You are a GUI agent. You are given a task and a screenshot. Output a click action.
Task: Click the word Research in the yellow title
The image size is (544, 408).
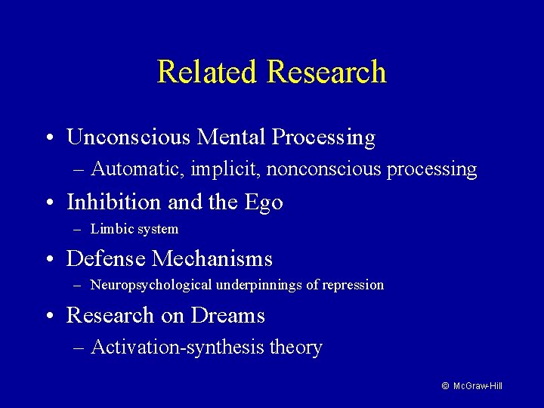click(x=326, y=72)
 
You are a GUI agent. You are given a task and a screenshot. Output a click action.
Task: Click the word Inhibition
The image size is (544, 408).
click(x=113, y=202)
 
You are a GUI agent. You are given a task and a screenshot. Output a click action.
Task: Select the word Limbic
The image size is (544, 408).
click(x=111, y=229)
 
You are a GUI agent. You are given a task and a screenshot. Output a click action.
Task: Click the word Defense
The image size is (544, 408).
click(x=106, y=258)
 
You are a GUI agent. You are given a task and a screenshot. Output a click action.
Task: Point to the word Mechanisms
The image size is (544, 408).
click(x=212, y=258)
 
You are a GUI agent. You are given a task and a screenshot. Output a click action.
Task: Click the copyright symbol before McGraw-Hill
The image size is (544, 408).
click(x=446, y=386)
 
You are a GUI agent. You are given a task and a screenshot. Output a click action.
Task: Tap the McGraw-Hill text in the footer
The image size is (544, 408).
click(x=478, y=386)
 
